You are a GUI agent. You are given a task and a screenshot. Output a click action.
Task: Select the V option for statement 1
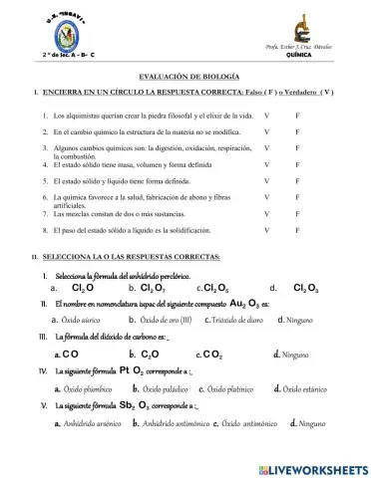tap(266, 117)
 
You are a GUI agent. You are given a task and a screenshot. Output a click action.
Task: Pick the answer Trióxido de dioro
tap(236, 320)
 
